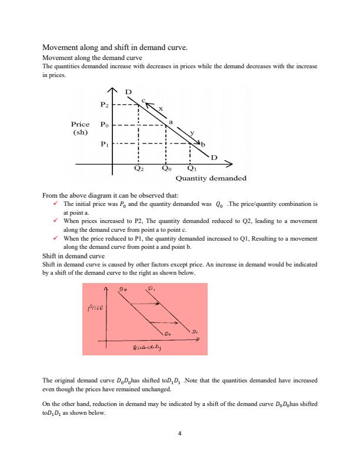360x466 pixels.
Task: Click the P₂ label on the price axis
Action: click(104, 105)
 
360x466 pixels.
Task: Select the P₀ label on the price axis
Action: click(104, 125)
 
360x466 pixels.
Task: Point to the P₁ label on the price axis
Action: click(104, 144)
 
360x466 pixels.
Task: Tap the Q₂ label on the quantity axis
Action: click(138, 168)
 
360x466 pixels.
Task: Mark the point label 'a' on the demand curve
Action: click(171, 121)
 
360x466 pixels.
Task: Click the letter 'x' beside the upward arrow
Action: click(160, 107)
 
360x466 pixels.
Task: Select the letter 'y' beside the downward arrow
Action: click(192, 132)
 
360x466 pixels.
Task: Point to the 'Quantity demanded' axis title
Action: click(211, 178)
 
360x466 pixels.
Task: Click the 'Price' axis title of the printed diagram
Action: click(80, 125)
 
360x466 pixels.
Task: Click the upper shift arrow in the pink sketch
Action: click(146, 304)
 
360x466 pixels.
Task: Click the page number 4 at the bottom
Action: click(180, 434)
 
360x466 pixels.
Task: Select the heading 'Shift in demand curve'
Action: click(74, 257)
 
